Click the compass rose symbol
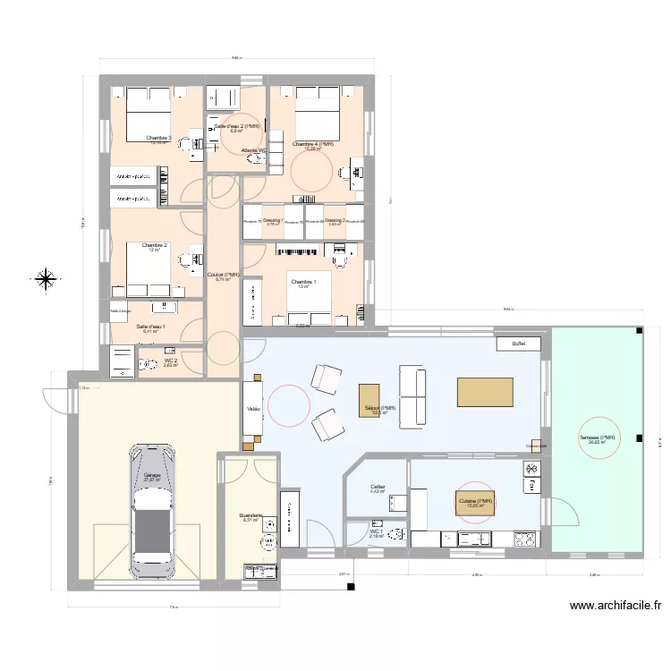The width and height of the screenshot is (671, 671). click(44, 279)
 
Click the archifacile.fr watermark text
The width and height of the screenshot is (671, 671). click(616, 606)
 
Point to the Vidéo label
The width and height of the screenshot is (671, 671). click(254, 410)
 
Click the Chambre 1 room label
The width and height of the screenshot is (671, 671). click(303, 282)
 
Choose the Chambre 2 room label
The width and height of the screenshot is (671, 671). click(154, 245)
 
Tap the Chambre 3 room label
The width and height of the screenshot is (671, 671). click(158, 138)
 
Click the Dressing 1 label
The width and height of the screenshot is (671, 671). click(273, 220)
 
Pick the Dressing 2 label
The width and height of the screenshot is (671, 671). click(335, 220)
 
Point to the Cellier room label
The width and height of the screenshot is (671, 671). click(378, 488)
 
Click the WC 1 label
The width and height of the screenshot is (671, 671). click(376, 532)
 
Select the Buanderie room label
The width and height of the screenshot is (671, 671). click(250, 516)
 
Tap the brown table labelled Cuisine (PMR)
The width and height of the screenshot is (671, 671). click(475, 502)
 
